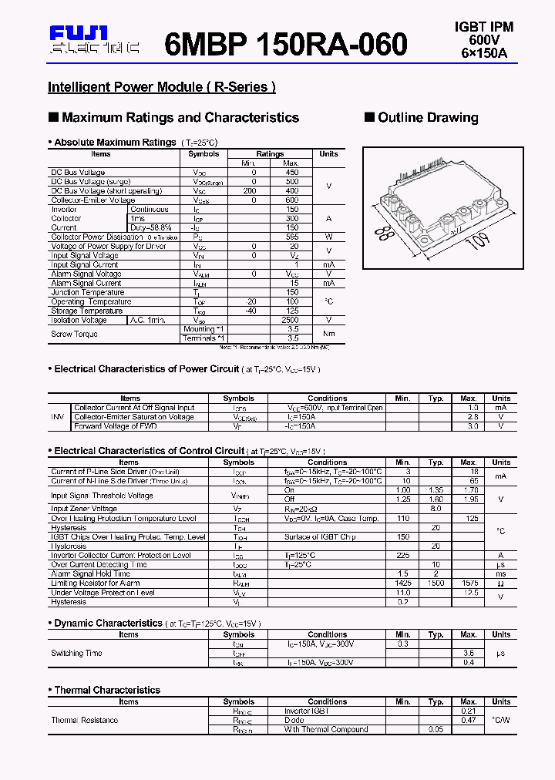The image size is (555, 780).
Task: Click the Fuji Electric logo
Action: coord(94,40)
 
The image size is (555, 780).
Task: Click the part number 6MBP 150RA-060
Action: coord(286,45)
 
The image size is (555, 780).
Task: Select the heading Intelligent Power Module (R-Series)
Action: coord(162,87)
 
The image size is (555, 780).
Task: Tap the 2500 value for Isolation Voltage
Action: coord(291,320)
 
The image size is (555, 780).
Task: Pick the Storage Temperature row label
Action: coord(86,311)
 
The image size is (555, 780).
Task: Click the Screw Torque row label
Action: coord(73,334)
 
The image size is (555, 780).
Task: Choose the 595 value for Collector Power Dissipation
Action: coord(291,237)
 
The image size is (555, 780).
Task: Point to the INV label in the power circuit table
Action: coord(58,417)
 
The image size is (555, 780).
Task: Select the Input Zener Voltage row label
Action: coord(84,509)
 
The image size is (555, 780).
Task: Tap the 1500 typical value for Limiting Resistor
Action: coord(436,583)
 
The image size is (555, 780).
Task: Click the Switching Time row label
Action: coord(76,653)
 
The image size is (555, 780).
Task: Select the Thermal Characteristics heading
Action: coord(107,690)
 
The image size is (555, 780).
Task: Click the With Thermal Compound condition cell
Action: coord(326,729)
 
